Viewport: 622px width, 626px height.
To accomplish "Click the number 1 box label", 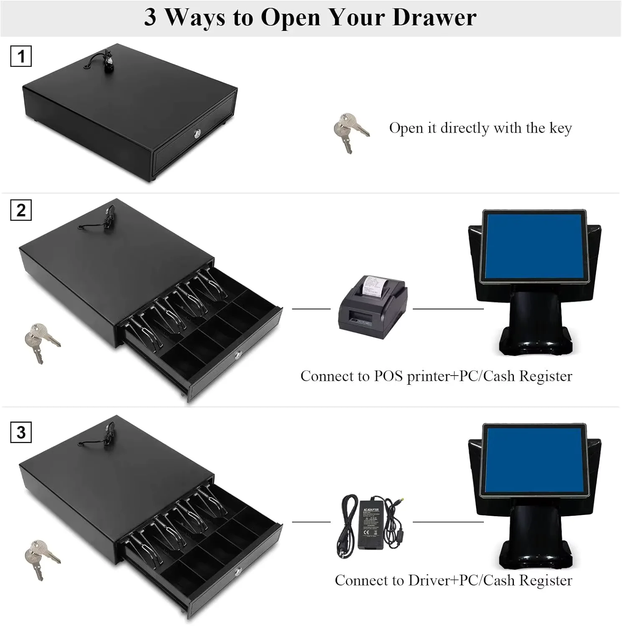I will tap(21, 56).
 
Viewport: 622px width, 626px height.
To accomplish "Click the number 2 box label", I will tap(21, 210).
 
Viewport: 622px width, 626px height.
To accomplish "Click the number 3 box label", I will tap(21, 432).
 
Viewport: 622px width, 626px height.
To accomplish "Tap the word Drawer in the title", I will tap(434, 18).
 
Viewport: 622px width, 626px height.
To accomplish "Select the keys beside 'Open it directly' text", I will tap(350, 132).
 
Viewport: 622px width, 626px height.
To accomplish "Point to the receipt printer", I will tap(372, 303).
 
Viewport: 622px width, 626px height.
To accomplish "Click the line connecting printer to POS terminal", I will tap(448, 309).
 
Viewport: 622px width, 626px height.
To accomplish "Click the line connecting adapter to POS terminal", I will tap(448, 522).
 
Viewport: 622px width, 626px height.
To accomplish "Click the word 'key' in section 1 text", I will tap(560, 128).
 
